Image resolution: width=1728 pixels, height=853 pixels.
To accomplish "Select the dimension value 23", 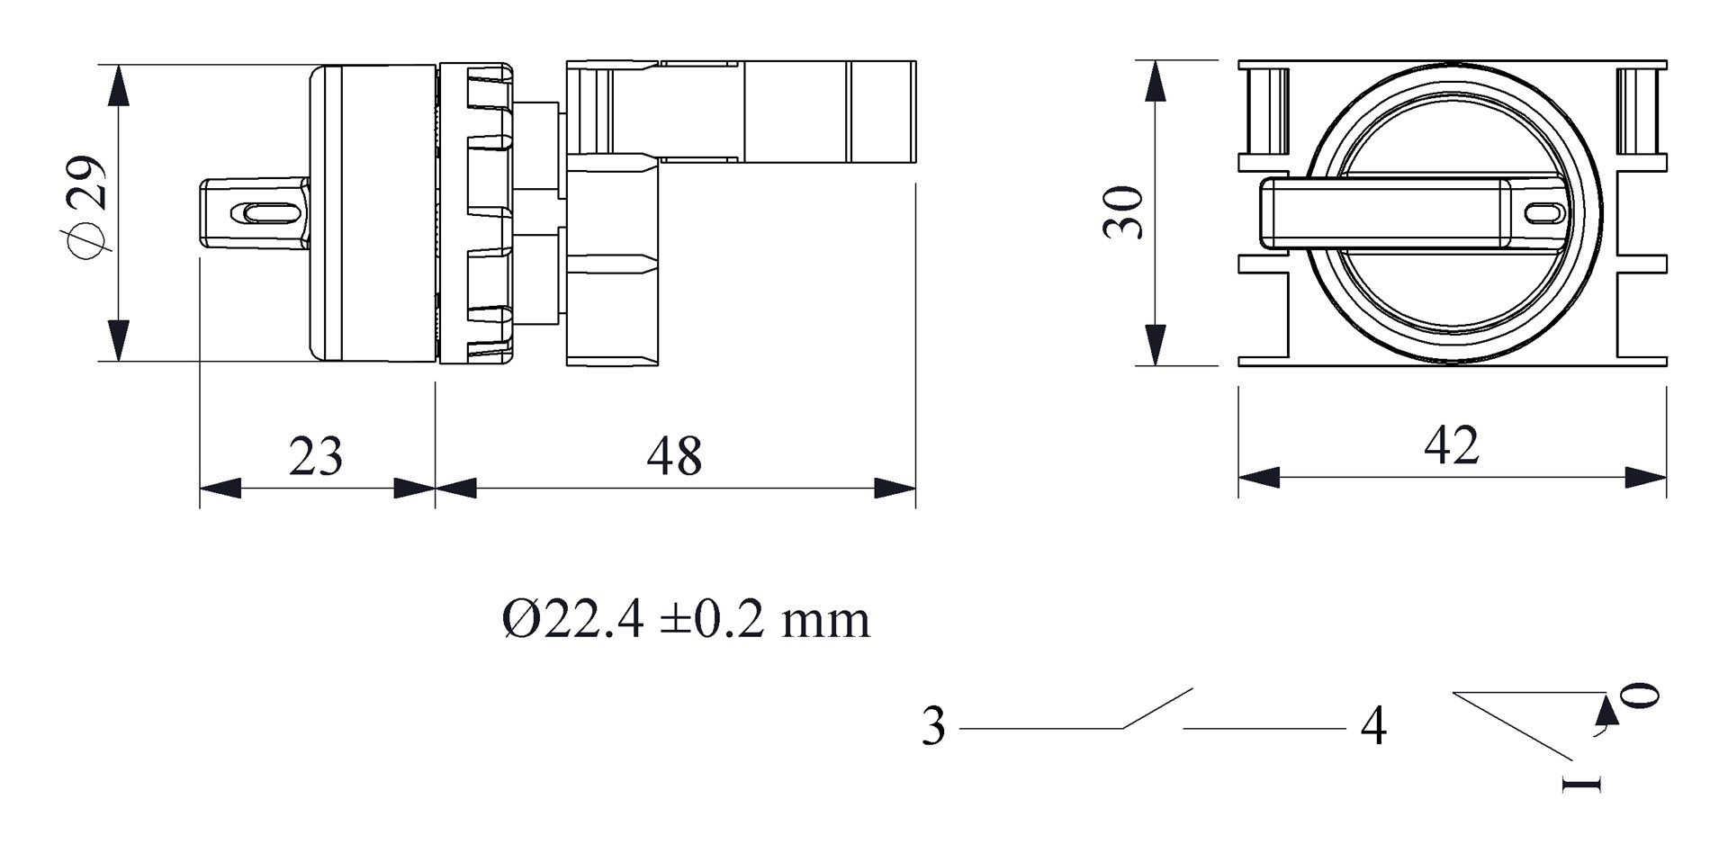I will coord(316,456).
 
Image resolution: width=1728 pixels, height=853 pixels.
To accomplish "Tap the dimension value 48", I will coord(674,456).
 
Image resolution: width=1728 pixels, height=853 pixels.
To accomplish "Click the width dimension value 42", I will coord(1451,445).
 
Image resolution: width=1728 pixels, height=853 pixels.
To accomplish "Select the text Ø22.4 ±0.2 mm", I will coord(686,620).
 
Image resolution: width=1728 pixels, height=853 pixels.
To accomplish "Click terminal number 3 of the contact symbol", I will coord(934,726).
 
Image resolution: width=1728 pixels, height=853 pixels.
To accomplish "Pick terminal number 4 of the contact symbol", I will coord(1373,726).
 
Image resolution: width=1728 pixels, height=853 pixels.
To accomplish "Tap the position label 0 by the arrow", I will coord(1640,696).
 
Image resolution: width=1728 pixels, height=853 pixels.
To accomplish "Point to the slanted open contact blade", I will coord(1158,708).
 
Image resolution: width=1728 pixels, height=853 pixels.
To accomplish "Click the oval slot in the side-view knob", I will coord(265,213).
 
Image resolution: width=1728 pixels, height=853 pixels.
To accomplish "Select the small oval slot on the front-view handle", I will coord(1545,213).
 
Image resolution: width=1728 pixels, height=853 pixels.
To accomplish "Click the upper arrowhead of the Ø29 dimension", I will coord(118,86).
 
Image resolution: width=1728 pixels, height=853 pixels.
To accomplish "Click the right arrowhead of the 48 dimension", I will coord(895,489).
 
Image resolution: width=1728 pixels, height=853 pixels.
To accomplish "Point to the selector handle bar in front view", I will coord(1386,213).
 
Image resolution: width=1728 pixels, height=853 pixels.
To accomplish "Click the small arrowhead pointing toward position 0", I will coord(1606,711).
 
